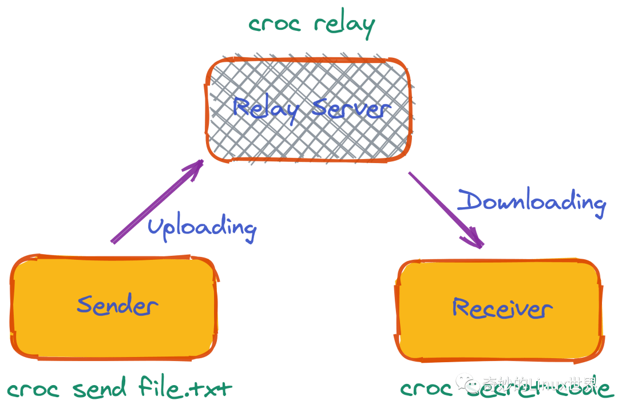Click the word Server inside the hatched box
[349, 109]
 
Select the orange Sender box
[114, 307]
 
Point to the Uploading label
[201, 227]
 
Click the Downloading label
[532, 202]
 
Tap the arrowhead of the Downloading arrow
[476, 240]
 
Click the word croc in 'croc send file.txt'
[33, 390]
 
